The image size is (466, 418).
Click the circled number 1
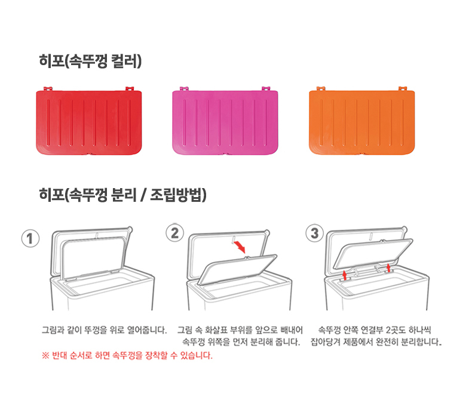30,238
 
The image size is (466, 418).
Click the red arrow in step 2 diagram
238,246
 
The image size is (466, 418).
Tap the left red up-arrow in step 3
345,273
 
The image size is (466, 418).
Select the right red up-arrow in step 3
389,266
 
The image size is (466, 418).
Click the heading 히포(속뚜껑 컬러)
90,61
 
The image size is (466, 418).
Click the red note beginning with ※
127,356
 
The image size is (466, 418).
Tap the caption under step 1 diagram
103,330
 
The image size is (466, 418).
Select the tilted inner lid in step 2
238,272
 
